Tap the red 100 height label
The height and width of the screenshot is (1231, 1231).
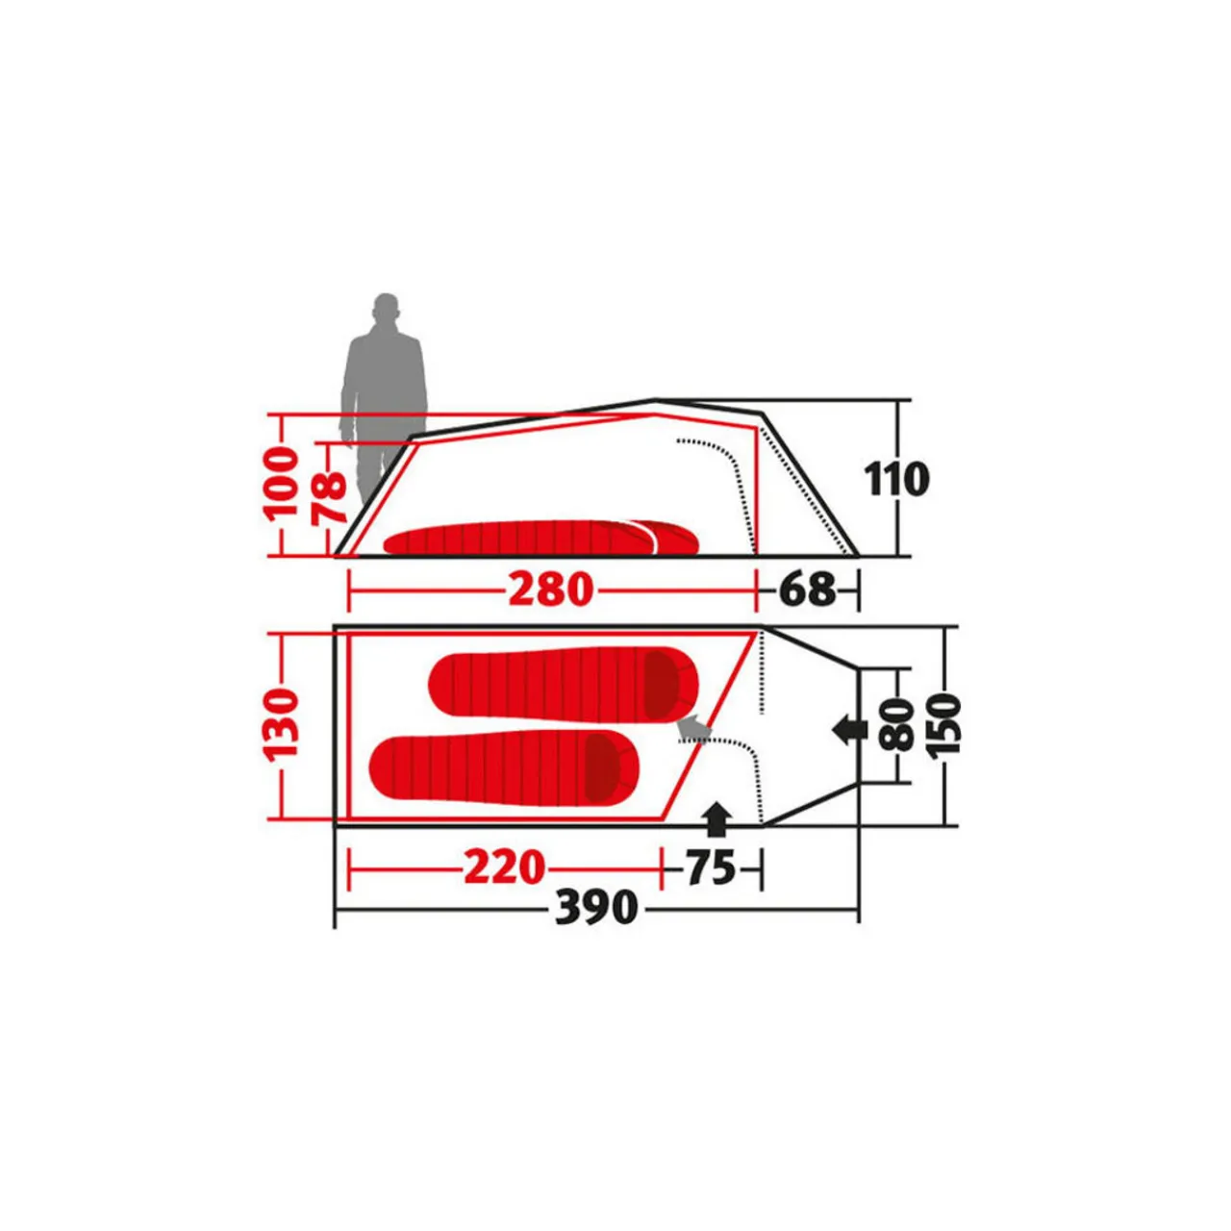(282, 482)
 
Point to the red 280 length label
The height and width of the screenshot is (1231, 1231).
(550, 589)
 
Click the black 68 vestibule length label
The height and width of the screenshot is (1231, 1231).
(807, 589)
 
